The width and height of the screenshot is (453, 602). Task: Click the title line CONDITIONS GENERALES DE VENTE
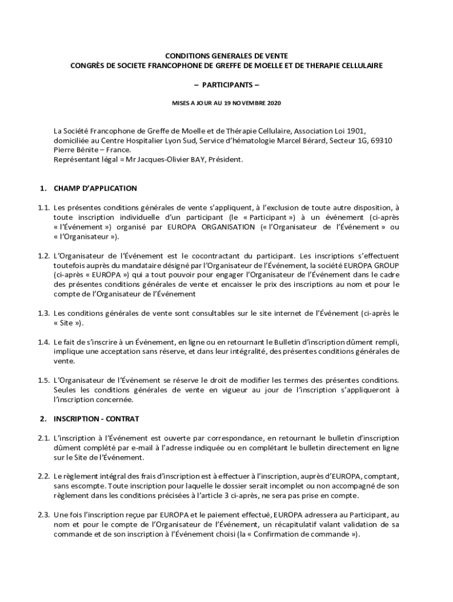226,55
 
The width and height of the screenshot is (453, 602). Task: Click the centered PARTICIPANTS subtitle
226,85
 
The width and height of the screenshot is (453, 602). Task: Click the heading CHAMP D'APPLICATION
95,189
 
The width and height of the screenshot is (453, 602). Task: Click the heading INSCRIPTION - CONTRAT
96,419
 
